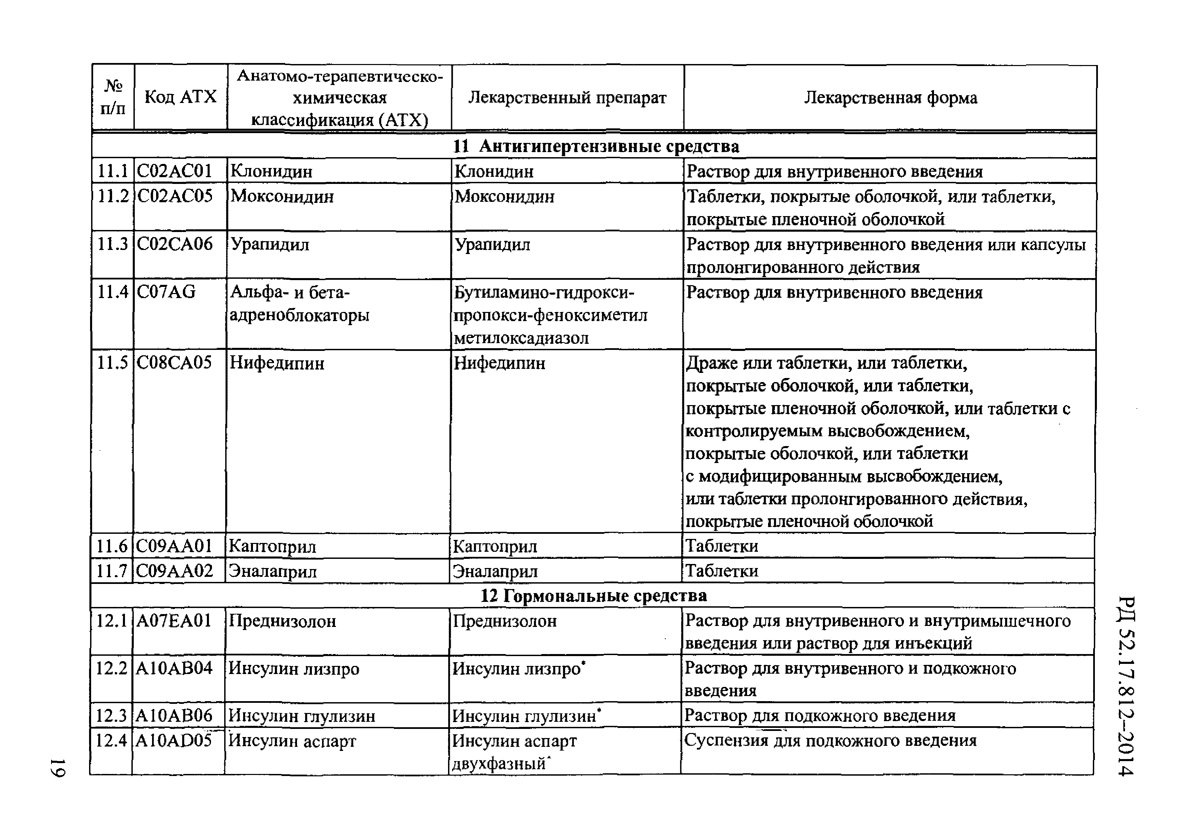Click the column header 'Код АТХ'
[x=180, y=97]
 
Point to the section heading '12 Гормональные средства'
[x=593, y=596]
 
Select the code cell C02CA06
[x=174, y=244]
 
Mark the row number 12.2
[x=111, y=668]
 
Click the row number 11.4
[x=113, y=292]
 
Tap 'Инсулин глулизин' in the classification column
[x=302, y=716]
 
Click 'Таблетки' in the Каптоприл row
[x=721, y=546]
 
